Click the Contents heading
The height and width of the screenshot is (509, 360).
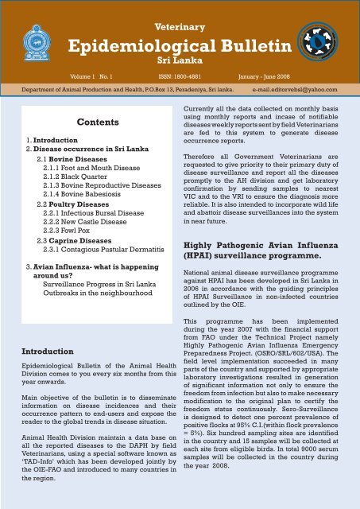pyautogui.click(x=95, y=123)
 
